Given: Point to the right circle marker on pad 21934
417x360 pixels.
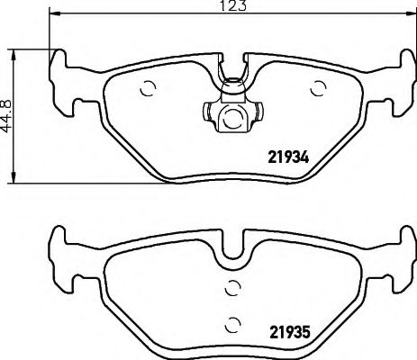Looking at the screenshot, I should [x=317, y=87].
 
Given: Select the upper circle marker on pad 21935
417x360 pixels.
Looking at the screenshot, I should [x=232, y=288].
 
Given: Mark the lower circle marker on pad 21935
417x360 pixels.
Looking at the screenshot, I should [x=232, y=325].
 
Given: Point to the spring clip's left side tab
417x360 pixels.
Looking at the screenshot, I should [x=204, y=113].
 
